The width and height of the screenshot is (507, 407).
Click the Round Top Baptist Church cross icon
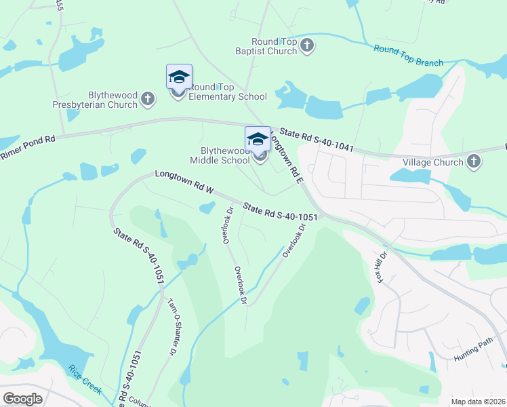click(307, 45)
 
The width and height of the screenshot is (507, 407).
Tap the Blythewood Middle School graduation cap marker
click(258, 140)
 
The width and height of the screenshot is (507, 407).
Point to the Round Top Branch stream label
click(408, 55)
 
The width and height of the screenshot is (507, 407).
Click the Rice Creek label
click(84, 379)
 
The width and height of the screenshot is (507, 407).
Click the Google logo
click(22, 399)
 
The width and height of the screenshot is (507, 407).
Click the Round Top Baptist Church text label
click(275, 46)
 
